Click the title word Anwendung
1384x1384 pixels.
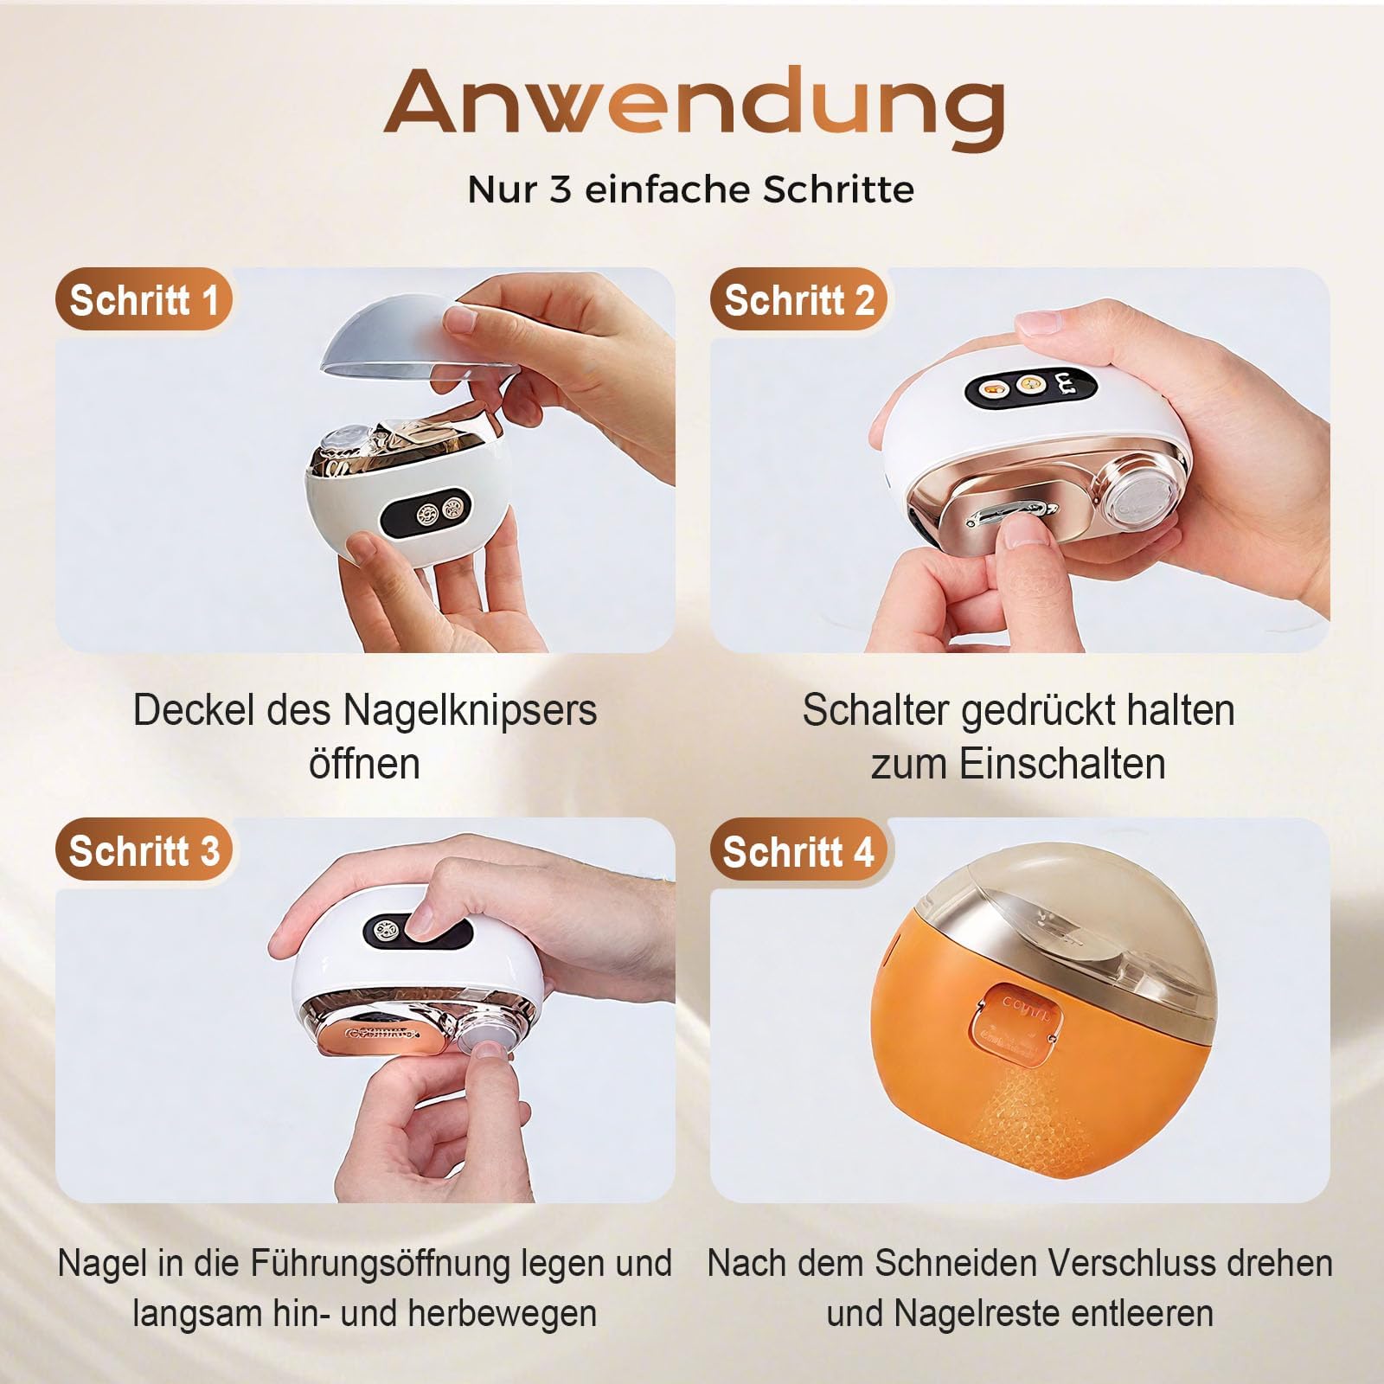[694, 107]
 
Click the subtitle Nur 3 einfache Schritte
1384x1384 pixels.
[691, 189]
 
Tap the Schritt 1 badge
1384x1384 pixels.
[144, 300]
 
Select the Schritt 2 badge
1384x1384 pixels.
[799, 300]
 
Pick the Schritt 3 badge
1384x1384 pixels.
[144, 850]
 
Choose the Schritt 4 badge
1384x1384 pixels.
[799, 850]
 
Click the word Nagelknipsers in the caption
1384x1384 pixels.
[471, 712]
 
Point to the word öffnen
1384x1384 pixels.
[364, 764]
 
